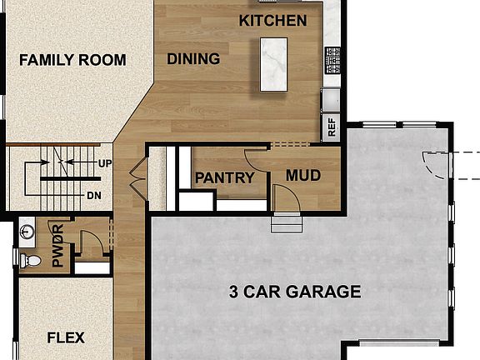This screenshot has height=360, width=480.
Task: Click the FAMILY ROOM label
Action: point(72,60)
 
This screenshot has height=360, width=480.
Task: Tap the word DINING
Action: point(193,59)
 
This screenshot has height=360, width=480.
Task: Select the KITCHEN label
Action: point(272,20)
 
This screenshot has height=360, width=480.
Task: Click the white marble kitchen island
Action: point(273,64)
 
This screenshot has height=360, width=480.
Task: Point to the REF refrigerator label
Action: point(332,128)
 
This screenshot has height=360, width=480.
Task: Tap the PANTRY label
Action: point(224,177)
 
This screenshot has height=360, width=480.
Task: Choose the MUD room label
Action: point(303,176)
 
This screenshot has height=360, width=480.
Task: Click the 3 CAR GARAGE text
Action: point(295,292)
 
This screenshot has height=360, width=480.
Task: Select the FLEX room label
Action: point(66,338)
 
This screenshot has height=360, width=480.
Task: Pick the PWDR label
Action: point(58,246)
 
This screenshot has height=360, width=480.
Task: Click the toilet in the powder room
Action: point(31,261)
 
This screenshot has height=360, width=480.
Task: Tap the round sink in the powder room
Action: point(27,230)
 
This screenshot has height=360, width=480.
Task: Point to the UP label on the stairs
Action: point(105,163)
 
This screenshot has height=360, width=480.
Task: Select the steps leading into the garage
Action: point(286,223)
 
